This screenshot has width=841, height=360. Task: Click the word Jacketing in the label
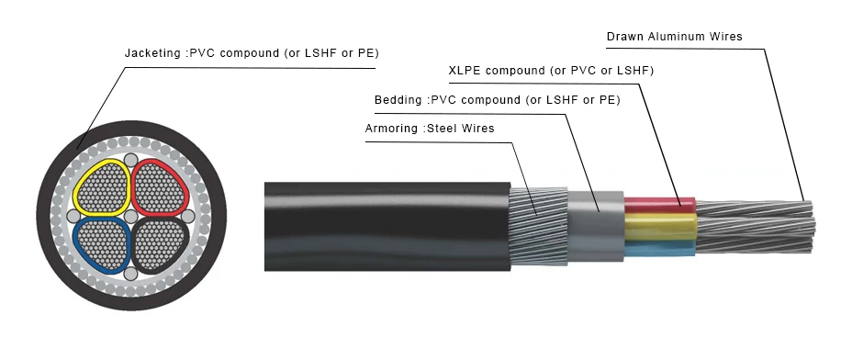[x=152, y=53]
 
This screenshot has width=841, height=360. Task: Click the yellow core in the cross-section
[x=102, y=189]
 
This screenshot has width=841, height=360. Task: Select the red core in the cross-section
[x=160, y=187]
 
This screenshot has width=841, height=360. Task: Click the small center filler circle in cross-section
[x=130, y=217]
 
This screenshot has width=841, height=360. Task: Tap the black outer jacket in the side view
[x=386, y=226]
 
